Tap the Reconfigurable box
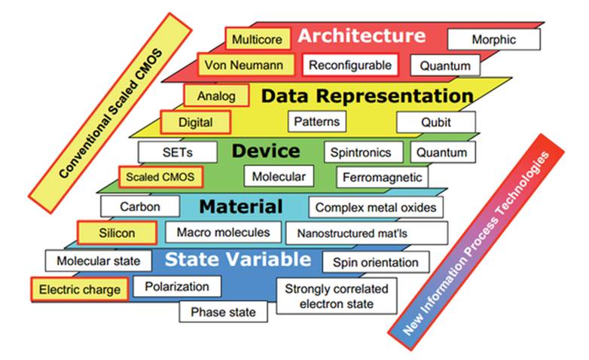350,66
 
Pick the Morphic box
493,39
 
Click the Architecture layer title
362,35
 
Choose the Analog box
216,96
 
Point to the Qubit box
436,122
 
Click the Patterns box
316,121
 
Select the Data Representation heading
367,96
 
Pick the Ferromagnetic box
383,178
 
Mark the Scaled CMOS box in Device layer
161,178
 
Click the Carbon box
140,206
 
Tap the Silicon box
117,233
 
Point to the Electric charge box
80,289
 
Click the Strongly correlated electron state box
337,297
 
